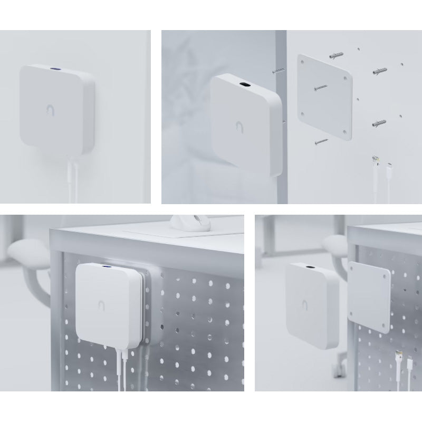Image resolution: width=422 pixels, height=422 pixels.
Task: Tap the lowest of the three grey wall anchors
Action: click(x=379, y=124)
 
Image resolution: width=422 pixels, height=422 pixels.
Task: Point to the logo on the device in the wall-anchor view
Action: click(x=241, y=127)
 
